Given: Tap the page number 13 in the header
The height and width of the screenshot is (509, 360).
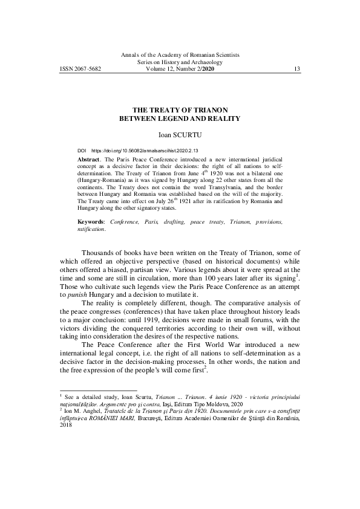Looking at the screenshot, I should (x=296, y=69).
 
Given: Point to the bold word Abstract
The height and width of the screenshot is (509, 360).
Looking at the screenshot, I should (x=90, y=157).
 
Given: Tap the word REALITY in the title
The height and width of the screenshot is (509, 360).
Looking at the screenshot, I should (x=223, y=118).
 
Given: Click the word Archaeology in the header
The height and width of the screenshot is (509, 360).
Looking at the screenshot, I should (x=208, y=62).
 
